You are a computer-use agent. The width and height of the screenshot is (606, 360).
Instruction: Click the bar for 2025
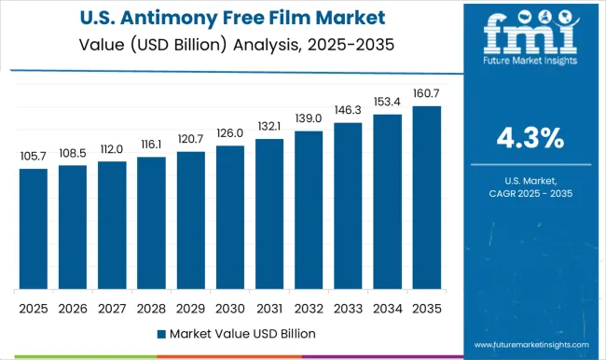[x=33, y=228]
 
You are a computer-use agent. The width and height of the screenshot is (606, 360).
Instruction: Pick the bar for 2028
[x=151, y=223]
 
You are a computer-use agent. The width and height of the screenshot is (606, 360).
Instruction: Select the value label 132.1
[x=269, y=127]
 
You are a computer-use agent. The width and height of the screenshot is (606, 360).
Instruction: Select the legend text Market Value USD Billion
[x=241, y=333]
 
